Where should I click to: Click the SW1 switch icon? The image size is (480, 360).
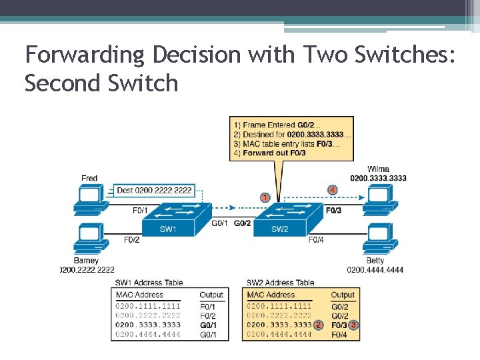(x=168, y=221)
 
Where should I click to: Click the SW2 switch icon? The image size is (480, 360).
(x=280, y=221)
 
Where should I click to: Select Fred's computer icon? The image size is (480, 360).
(x=89, y=198)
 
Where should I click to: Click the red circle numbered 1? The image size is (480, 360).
(x=265, y=197)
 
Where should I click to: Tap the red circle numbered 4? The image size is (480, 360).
(x=332, y=189)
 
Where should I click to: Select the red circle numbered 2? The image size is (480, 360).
(x=319, y=325)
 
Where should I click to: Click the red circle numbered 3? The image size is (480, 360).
(x=354, y=325)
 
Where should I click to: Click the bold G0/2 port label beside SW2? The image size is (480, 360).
(x=243, y=223)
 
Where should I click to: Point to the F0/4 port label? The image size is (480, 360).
(x=316, y=239)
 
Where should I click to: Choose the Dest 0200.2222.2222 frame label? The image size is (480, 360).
(x=154, y=190)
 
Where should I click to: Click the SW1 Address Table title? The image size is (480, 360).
(x=149, y=283)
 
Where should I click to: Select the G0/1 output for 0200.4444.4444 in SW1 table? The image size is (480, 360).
(x=208, y=334)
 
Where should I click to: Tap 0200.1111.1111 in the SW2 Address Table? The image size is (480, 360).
(x=279, y=306)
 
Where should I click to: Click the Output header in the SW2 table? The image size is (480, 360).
(x=343, y=295)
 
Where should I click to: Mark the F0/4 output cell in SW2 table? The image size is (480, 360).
(x=340, y=334)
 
